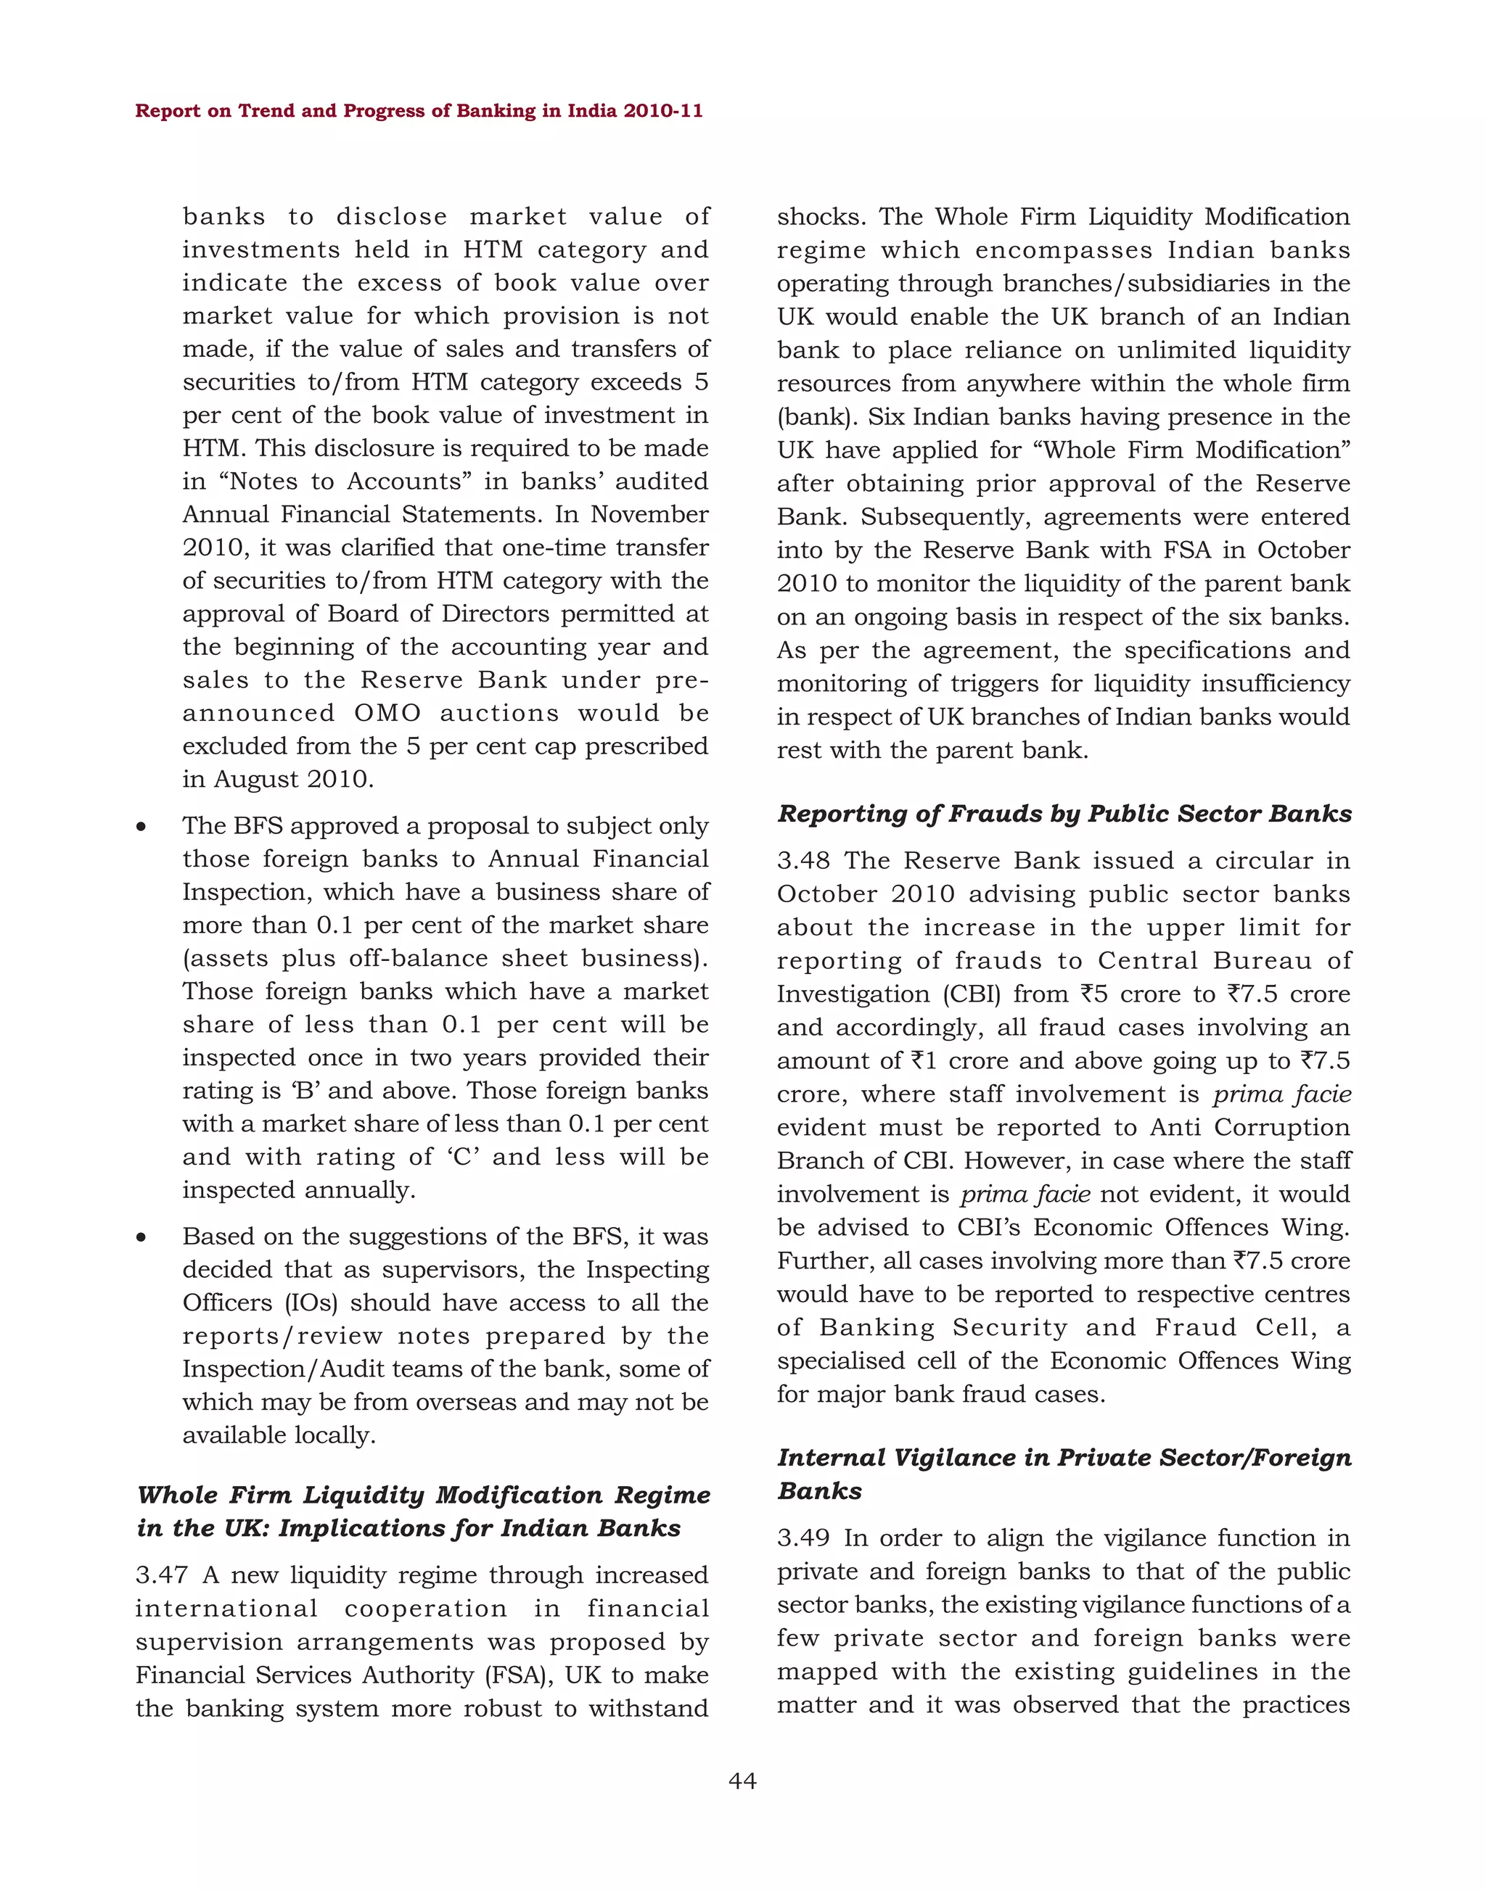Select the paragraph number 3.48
[804, 860]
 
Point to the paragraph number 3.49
[804, 1538]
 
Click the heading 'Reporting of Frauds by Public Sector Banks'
[1064, 814]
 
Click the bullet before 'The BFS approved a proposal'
[141, 826]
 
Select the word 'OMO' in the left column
[387, 713]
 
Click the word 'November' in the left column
[649, 514]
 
